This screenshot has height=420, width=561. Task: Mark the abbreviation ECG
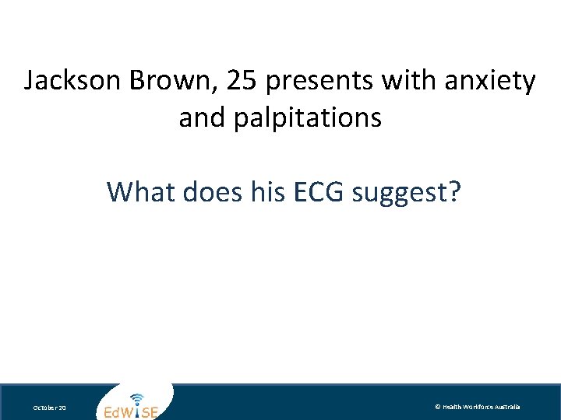pyautogui.click(x=321, y=191)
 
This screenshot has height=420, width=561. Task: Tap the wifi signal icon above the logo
pyautogui.click(x=137, y=397)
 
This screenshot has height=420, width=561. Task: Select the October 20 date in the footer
pyautogui.click(x=50, y=408)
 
